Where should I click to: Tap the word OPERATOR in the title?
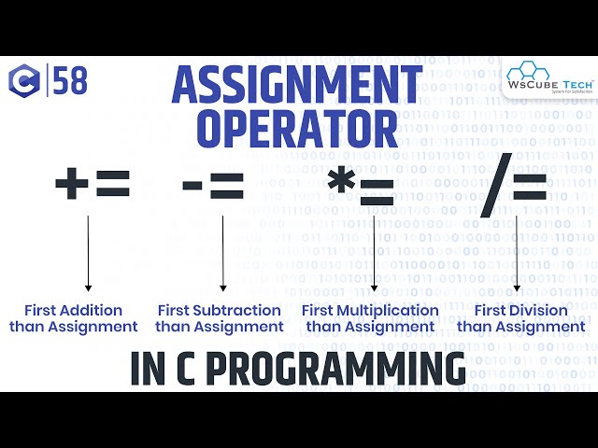pos(298,130)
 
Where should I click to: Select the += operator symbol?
pos(92,185)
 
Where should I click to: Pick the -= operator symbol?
pos(212,188)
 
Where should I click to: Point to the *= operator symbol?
pos(361,188)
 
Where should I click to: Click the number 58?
pos(70,82)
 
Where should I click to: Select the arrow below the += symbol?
pos(88,252)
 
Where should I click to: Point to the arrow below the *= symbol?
pos(374,252)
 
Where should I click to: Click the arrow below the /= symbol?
pos(518,252)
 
